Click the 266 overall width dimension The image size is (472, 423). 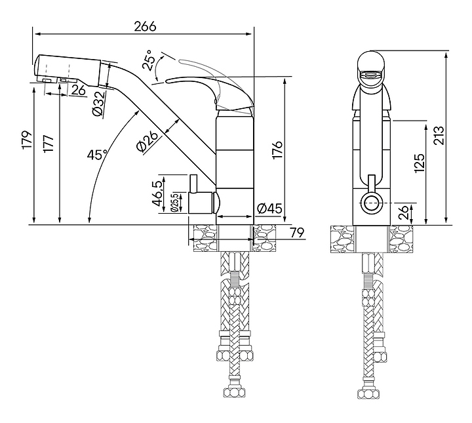click(x=145, y=26)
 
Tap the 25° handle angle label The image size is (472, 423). click(x=149, y=60)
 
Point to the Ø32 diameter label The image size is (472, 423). click(x=99, y=103)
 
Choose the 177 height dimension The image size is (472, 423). click(x=49, y=144)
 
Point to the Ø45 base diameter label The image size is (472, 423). click(x=270, y=208)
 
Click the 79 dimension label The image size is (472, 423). click(x=297, y=232)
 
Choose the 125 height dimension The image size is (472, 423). click(x=419, y=163)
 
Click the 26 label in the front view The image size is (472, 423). click(x=404, y=212)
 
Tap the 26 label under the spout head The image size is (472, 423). click(x=79, y=90)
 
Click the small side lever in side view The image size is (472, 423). click(x=193, y=183)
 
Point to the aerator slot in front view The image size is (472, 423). click(x=371, y=75)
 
